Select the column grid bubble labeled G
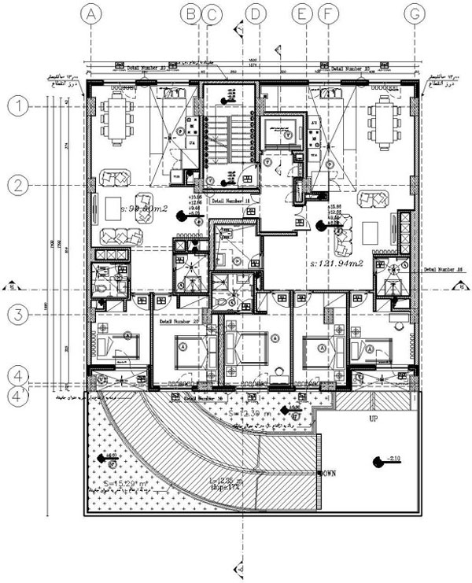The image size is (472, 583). (414, 13)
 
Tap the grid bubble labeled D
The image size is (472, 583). (256, 13)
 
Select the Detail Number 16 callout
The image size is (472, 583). (204, 399)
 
